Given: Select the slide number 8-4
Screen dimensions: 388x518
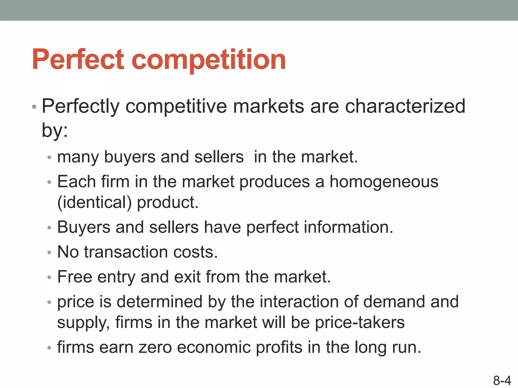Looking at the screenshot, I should tap(502, 380).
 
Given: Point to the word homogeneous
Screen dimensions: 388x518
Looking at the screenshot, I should tap(384, 182).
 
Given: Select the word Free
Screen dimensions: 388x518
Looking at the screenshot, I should tap(75, 277).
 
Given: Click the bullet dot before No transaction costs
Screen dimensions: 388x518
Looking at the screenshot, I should tap(49, 252).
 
